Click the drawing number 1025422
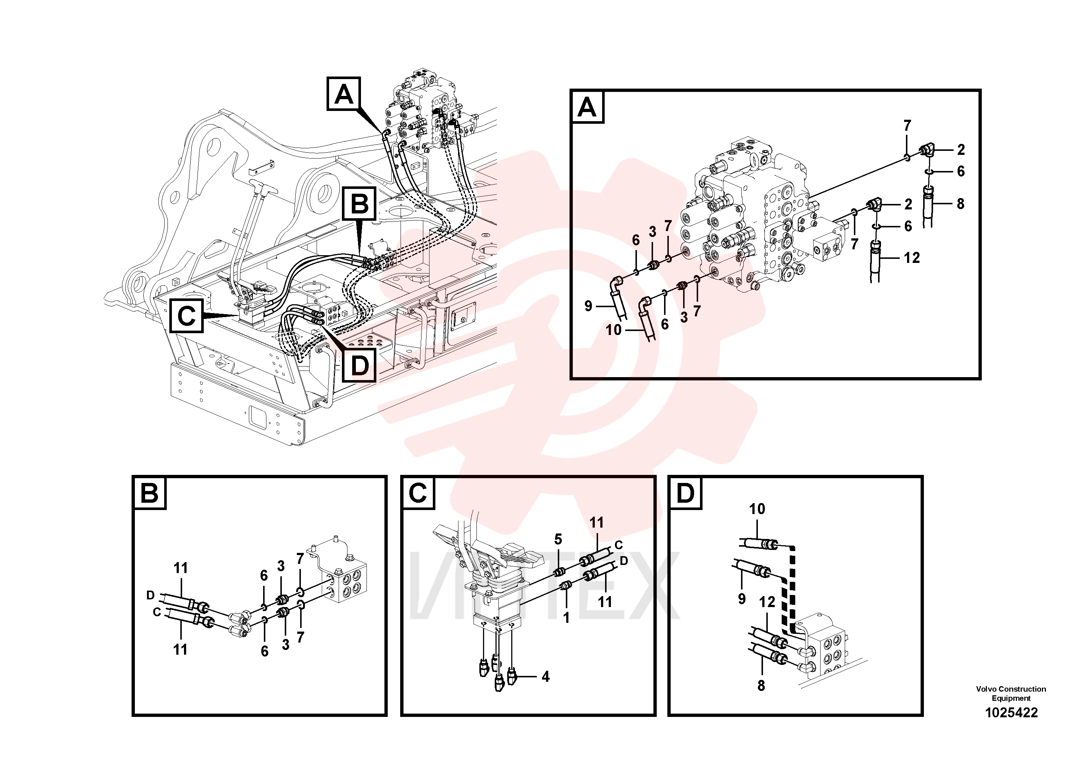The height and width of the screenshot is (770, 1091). pyautogui.click(x=1011, y=713)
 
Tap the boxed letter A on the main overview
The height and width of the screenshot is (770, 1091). pyautogui.click(x=343, y=94)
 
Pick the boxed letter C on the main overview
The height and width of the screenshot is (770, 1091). pyautogui.click(x=186, y=315)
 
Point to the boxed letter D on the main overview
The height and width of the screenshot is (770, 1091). pyautogui.click(x=359, y=365)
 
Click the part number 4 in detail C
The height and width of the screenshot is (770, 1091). pyautogui.click(x=545, y=677)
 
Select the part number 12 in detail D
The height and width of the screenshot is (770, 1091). pyautogui.click(x=767, y=602)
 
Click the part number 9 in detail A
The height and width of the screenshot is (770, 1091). pyautogui.click(x=588, y=306)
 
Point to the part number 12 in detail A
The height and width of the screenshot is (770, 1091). pyautogui.click(x=911, y=258)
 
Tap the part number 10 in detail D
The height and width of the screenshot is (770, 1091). pyautogui.click(x=757, y=509)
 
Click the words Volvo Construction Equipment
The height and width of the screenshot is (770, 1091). pyautogui.click(x=1011, y=693)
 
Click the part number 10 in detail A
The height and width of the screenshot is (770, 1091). pyautogui.click(x=613, y=330)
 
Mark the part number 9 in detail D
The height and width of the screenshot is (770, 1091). pyautogui.click(x=742, y=599)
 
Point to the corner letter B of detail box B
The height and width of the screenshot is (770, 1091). pyautogui.click(x=150, y=493)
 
